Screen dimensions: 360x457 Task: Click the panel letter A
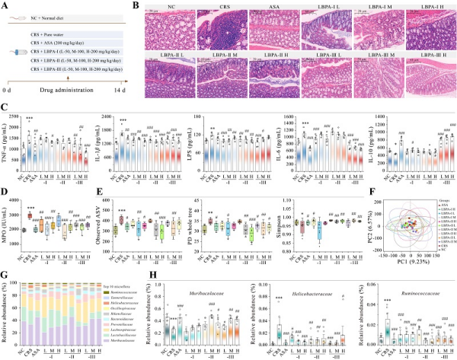pyautogui.click(x=5, y=5)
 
